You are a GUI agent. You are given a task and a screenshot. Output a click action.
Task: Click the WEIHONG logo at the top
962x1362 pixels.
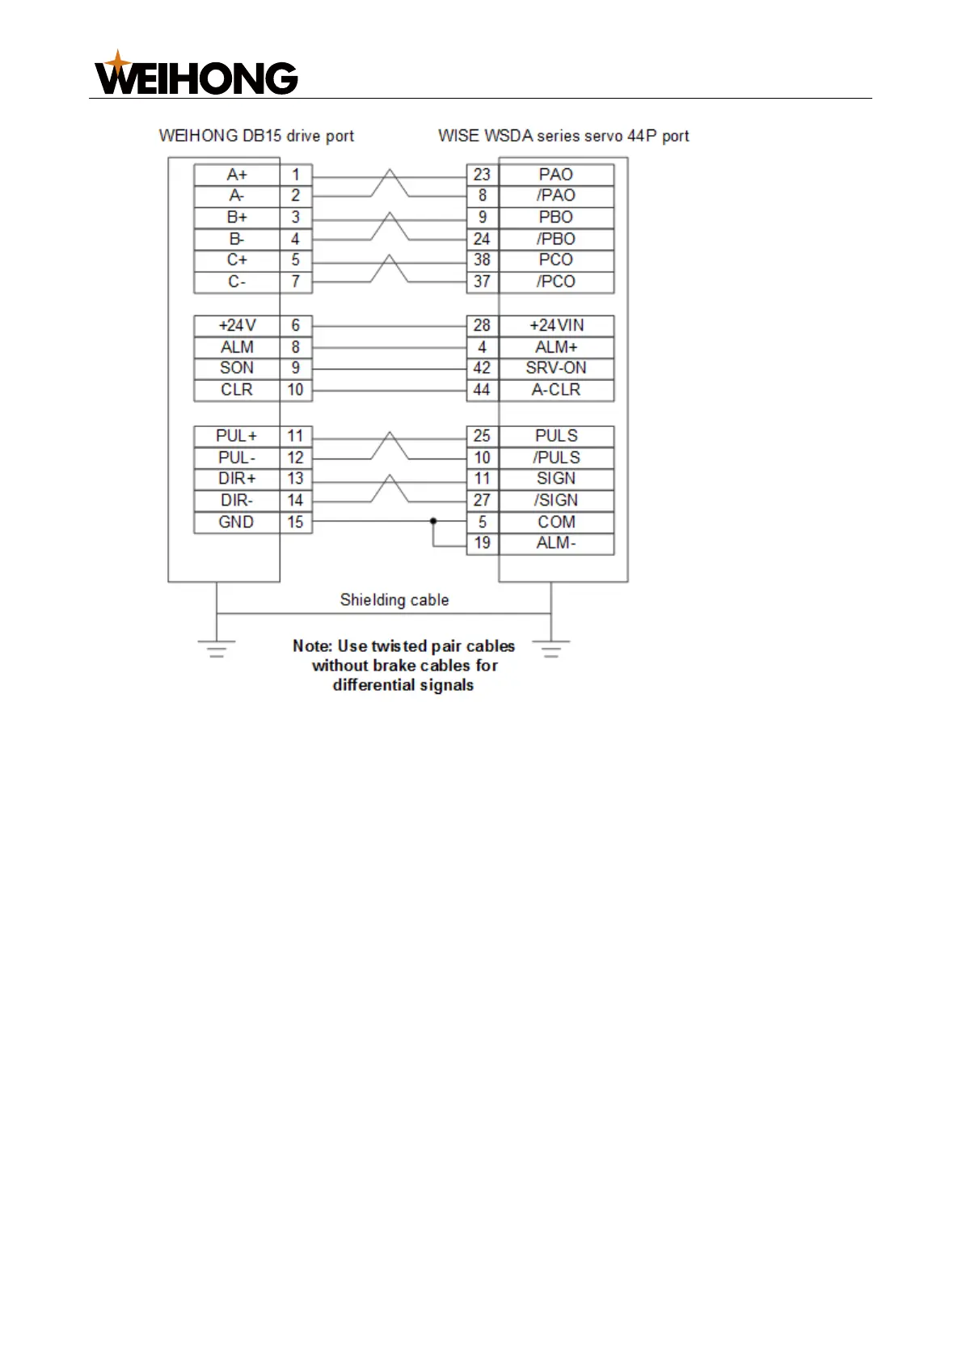click(x=196, y=74)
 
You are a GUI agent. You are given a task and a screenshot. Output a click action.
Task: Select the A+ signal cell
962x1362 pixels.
click(x=237, y=175)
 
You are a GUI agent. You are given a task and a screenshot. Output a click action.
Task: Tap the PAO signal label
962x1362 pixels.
click(x=556, y=175)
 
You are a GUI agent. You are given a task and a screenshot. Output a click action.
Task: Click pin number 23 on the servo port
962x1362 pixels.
click(x=482, y=175)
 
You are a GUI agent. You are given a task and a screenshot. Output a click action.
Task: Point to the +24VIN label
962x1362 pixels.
click(x=556, y=325)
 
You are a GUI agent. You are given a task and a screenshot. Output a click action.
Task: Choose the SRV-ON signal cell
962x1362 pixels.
click(x=556, y=368)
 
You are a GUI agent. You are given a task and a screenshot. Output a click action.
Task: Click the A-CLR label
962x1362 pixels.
click(x=556, y=390)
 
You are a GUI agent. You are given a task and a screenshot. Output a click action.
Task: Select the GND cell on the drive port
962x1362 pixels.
click(x=236, y=522)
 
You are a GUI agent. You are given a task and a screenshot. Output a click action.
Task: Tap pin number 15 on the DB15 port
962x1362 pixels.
click(x=295, y=522)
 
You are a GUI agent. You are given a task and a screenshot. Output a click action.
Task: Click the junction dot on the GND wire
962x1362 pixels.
click(x=433, y=522)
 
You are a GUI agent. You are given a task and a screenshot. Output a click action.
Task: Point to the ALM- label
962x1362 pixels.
click(x=556, y=544)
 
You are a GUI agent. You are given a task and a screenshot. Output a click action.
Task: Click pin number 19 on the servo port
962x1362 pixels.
click(x=482, y=544)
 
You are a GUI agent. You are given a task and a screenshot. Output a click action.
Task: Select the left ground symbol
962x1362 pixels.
click(x=217, y=648)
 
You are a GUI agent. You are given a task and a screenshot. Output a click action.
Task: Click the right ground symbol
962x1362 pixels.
click(x=551, y=648)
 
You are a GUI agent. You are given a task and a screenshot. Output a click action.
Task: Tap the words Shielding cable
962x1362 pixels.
click(x=394, y=600)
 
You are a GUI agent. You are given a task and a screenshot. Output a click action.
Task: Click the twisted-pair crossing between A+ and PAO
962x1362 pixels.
click(x=390, y=184)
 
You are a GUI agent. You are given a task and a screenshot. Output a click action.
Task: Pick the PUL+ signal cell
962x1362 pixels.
click(x=236, y=436)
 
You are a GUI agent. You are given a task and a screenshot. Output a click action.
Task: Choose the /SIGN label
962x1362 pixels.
click(x=556, y=501)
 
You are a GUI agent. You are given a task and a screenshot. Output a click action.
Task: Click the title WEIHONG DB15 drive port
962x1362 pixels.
click(x=256, y=136)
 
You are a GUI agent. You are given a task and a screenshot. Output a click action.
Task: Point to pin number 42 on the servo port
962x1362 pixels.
click(x=482, y=368)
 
